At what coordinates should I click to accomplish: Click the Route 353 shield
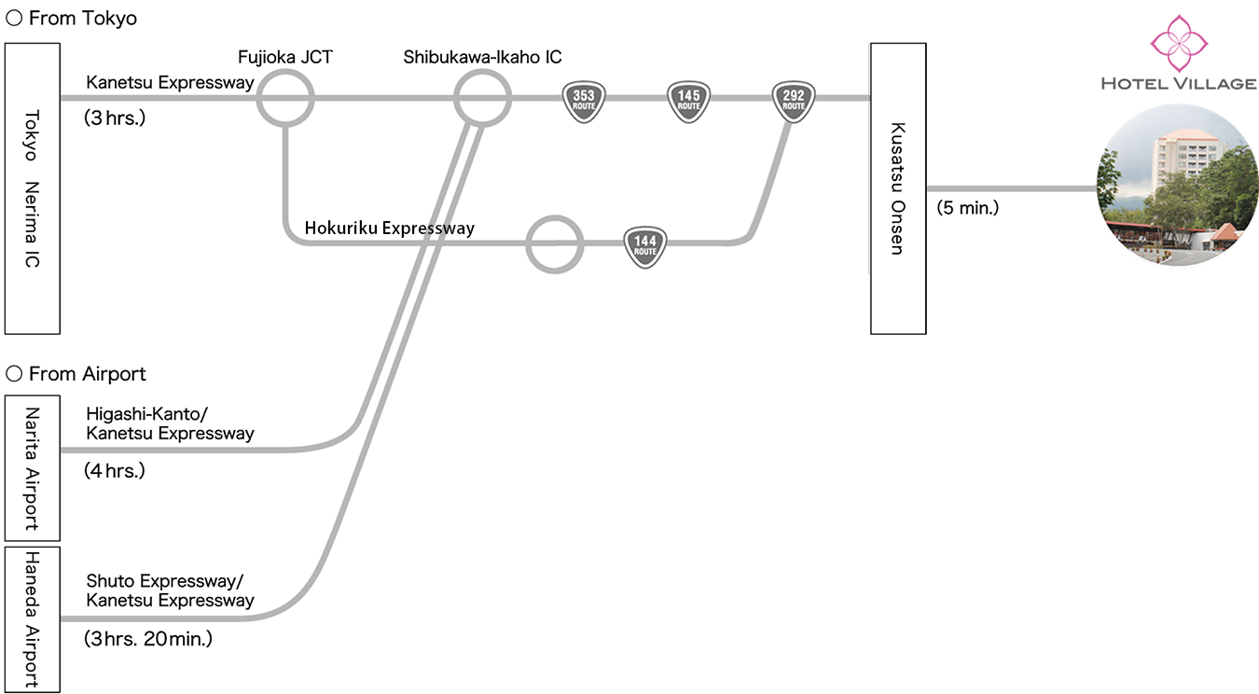[x=584, y=101]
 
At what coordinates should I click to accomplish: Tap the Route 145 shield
[x=688, y=101]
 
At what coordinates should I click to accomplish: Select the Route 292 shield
[x=794, y=101]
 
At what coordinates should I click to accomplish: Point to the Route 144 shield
[x=644, y=246]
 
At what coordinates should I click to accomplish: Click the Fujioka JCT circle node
[x=284, y=97]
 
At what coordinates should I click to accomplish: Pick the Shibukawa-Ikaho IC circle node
[x=482, y=97]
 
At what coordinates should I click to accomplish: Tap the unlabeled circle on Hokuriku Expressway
[x=555, y=245]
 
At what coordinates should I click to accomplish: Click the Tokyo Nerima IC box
[x=33, y=188]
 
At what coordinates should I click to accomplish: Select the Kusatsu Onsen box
[x=898, y=188]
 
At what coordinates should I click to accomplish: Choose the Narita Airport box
[x=33, y=468]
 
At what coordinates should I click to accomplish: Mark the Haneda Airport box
[x=33, y=619]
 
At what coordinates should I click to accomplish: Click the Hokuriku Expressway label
[x=390, y=228]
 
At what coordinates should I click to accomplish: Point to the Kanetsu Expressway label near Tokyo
[x=170, y=82]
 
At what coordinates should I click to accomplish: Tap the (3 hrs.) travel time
[x=116, y=118]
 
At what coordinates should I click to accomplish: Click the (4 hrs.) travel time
[x=116, y=471]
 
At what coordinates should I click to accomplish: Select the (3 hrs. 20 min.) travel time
[x=149, y=639]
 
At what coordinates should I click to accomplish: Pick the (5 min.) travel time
[x=968, y=208]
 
